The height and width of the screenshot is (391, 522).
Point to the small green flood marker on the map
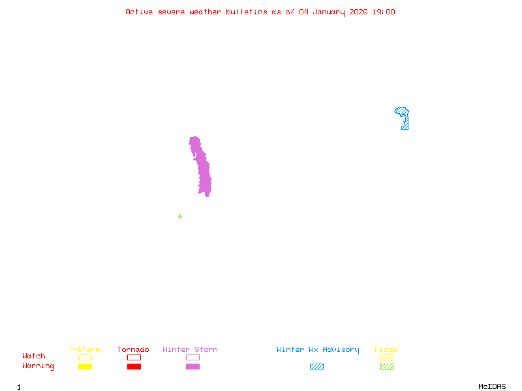[180, 216]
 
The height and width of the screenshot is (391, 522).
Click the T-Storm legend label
[84, 349]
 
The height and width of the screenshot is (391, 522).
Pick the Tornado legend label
[133, 349]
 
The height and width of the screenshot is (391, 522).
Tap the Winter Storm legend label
[190, 349]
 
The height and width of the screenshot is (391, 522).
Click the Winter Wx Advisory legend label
[318, 349]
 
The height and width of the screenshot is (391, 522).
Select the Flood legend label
[386, 349]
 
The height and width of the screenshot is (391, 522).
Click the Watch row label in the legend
[34, 356]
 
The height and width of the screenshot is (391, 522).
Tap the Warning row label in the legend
[38, 366]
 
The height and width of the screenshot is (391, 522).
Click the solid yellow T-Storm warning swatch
[85, 367]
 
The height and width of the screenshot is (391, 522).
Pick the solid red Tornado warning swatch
[134, 367]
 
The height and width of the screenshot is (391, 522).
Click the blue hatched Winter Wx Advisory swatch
[316, 367]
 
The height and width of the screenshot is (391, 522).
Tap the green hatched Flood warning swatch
[386, 367]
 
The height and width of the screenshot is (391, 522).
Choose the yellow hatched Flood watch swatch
[386, 357]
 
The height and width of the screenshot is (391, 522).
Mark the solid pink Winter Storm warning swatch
[192, 367]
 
